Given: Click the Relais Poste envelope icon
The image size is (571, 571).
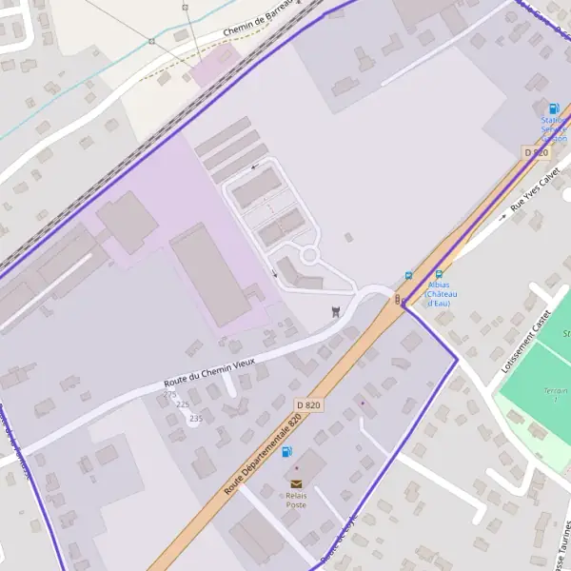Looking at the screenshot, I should tap(296, 484).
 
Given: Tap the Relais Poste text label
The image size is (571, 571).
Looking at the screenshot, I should tap(296, 500).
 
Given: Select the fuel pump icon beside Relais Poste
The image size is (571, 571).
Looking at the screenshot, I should tap(287, 451).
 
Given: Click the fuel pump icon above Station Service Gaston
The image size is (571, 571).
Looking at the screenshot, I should tap(554, 109).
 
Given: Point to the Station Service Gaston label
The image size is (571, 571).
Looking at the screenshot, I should tap(554, 129).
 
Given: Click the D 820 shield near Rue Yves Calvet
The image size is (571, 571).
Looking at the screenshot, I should tap(536, 152).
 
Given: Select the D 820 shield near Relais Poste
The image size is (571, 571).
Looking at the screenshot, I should tap(308, 405).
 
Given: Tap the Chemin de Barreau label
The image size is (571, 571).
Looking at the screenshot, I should tap(257, 21).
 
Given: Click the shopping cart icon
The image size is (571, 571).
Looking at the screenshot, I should tap(335, 310).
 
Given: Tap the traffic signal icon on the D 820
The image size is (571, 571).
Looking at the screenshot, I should tap(399, 300).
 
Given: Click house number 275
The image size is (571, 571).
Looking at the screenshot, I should tap(170, 394).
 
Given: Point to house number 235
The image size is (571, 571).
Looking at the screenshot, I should tap(196, 418).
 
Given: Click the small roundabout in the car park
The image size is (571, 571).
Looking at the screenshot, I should tap(308, 255).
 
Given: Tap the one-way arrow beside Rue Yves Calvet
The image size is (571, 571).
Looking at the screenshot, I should tap(503, 217).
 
